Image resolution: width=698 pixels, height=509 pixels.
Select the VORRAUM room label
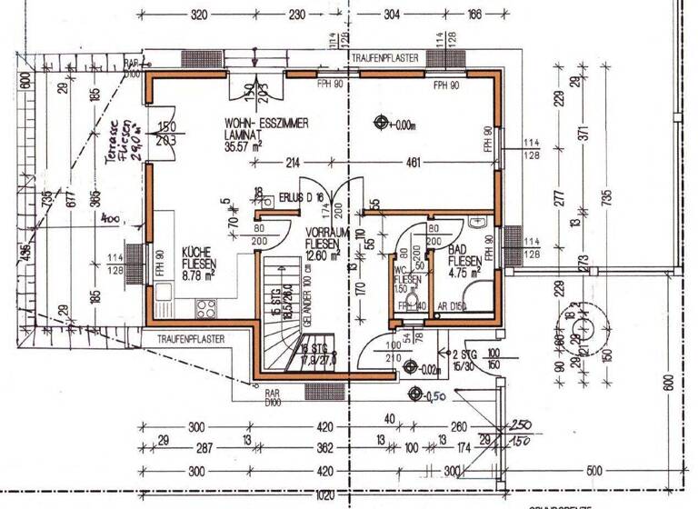(x=322, y=233)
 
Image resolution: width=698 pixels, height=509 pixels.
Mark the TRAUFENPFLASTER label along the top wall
(x=384, y=57)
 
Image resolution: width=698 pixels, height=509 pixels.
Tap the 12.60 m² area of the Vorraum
(x=323, y=256)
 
